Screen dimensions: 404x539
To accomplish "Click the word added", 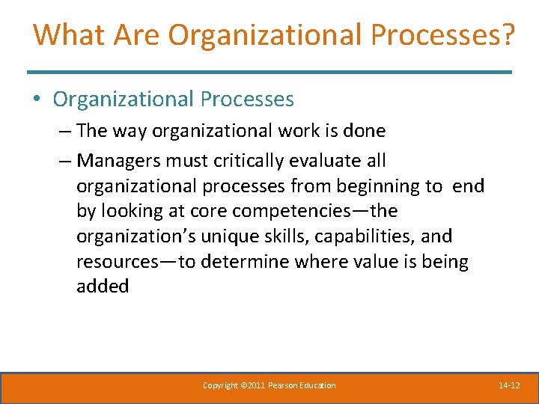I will tap(103, 287).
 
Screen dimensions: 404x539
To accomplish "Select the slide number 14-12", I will tap(509, 385).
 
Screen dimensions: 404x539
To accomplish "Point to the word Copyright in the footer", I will tap(220, 385).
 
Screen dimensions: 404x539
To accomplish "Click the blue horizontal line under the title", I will tap(269, 72).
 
